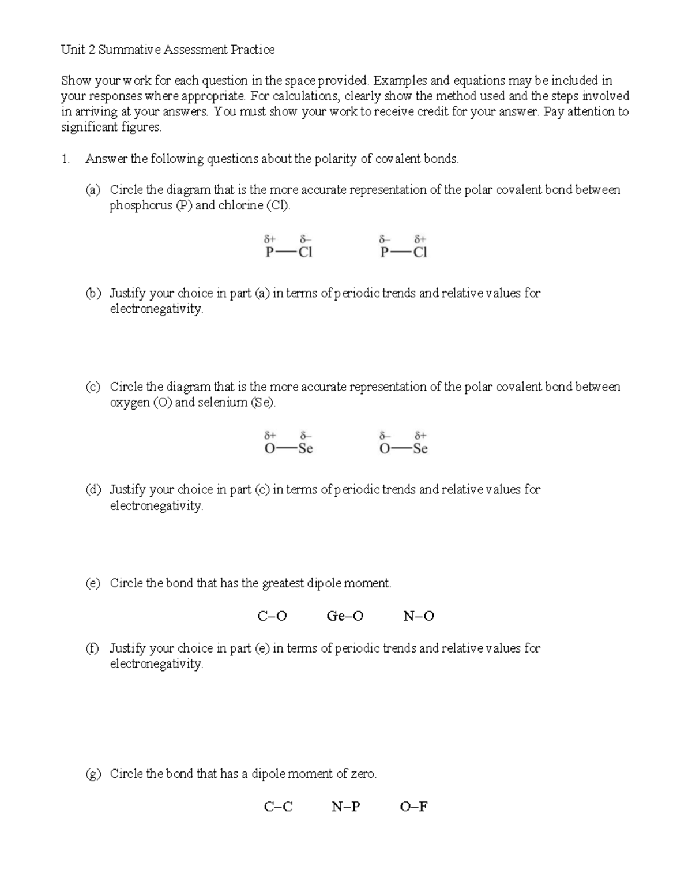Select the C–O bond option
(272, 616)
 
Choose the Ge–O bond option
(345, 616)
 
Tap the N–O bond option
(419, 616)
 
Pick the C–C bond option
(278, 807)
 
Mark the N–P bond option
(346, 807)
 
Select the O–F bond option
(413, 807)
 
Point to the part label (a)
(93, 190)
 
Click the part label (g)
(93, 774)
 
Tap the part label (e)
(93, 583)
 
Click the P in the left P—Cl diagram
(269, 252)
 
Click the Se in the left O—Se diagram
(305, 449)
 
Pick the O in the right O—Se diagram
(385, 449)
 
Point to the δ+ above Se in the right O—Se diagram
(420, 436)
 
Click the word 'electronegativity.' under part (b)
(156, 309)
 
